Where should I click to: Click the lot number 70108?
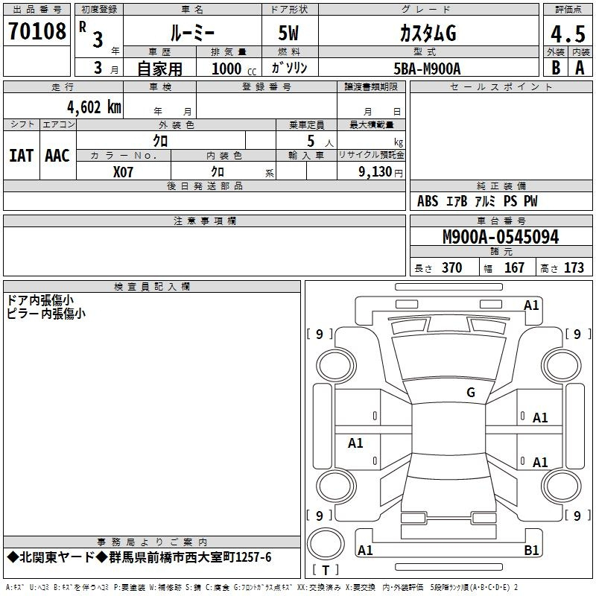(37, 31)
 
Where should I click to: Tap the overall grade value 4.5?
(568, 34)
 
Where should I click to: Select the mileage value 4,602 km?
(95, 107)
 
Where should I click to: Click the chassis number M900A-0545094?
(501, 237)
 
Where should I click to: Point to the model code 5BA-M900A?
(427, 69)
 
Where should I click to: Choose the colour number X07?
(123, 172)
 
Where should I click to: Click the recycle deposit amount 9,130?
(375, 172)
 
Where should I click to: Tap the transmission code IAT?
(22, 156)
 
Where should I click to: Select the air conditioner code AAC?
(57, 156)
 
